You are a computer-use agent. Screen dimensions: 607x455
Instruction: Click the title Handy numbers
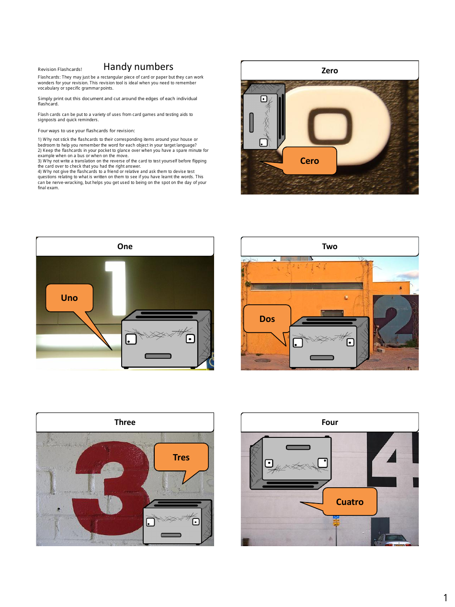click(x=138, y=67)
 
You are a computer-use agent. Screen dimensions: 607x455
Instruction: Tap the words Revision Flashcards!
click(x=60, y=69)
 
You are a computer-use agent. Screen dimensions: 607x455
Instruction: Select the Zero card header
click(x=330, y=70)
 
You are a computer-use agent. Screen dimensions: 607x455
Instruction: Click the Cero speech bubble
click(x=309, y=161)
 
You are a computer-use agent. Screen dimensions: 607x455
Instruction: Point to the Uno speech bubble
click(x=69, y=298)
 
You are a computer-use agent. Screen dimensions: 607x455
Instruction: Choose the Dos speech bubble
click(x=267, y=319)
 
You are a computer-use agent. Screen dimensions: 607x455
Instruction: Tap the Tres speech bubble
click(x=181, y=457)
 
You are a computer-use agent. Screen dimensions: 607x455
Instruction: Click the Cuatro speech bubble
click(x=350, y=502)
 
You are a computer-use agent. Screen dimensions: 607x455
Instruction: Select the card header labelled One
click(x=125, y=246)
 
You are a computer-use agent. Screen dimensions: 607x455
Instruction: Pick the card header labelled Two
click(x=330, y=246)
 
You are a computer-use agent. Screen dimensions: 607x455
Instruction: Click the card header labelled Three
click(x=125, y=422)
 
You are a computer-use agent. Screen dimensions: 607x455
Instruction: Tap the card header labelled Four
click(x=330, y=422)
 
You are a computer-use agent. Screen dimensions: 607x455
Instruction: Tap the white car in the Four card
click(x=393, y=540)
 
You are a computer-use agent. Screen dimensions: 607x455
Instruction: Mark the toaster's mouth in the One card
click(x=158, y=356)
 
